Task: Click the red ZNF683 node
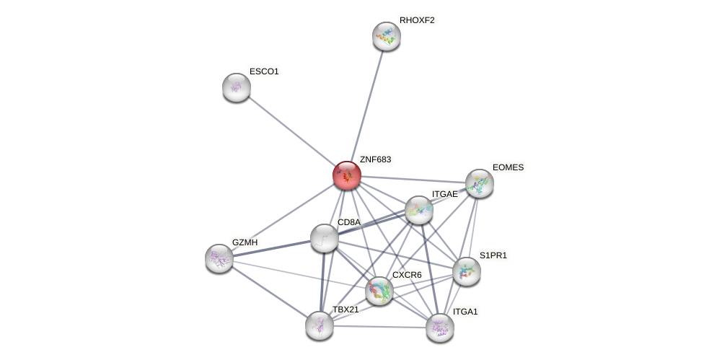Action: pos(346,175)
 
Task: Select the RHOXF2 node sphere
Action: pos(386,36)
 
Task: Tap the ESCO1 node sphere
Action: pos(236,87)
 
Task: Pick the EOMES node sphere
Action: pos(479,183)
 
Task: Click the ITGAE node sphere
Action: pos(418,210)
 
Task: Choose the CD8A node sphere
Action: pos(324,238)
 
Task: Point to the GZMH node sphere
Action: pos(219,258)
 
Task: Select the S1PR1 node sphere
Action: pos(466,271)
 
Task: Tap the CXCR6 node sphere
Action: pos(379,291)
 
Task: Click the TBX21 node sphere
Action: pos(319,325)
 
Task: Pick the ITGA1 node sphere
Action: pos(439,328)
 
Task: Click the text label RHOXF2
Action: pos(417,20)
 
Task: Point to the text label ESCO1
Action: pos(264,71)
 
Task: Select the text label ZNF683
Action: pos(375,159)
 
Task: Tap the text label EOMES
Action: pos(508,167)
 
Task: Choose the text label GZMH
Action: pos(245,242)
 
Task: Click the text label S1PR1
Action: pos(493,255)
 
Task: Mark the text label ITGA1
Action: pos(465,312)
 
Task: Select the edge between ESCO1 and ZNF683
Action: pos(289,130)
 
